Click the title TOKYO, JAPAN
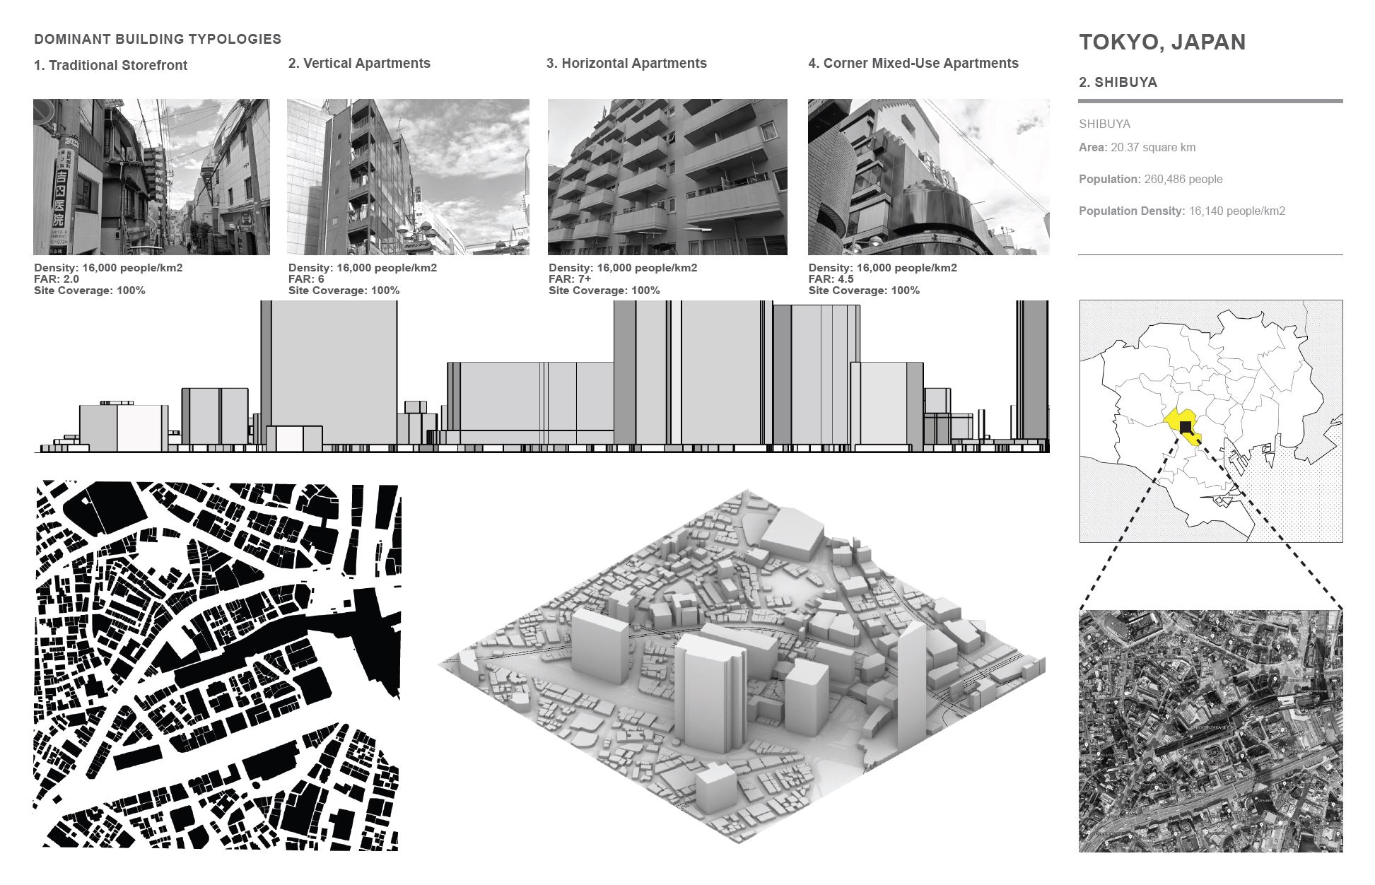(x=1162, y=42)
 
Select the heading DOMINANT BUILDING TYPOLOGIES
(x=158, y=40)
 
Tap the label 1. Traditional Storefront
(x=110, y=66)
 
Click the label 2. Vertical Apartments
(x=359, y=64)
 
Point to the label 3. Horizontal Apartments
(x=626, y=64)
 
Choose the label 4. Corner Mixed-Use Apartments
(x=913, y=64)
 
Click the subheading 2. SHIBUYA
(x=1118, y=83)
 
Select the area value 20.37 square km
(x=1153, y=148)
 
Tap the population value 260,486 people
(x=1183, y=180)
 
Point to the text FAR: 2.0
(x=57, y=279)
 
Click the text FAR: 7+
(x=570, y=279)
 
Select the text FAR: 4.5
(x=831, y=279)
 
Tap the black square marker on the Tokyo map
(x=1186, y=428)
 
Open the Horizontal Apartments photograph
(x=667, y=177)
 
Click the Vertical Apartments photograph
(x=408, y=177)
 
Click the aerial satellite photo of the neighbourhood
(x=1210, y=730)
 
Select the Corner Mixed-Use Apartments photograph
(x=928, y=177)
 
